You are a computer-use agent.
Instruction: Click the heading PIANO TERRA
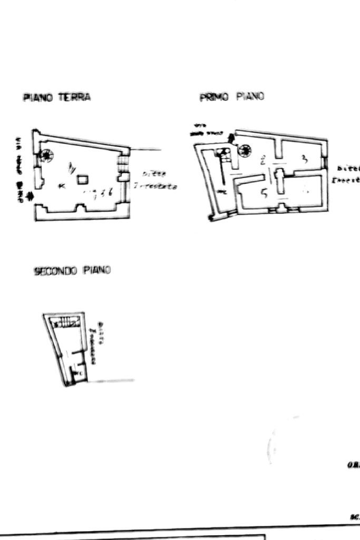(x=56, y=97)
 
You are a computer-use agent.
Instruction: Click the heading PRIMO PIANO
(x=231, y=97)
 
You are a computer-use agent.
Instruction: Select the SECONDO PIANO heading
(x=72, y=271)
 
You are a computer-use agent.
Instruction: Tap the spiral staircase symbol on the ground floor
(x=46, y=155)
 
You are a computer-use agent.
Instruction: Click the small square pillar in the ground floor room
(x=83, y=180)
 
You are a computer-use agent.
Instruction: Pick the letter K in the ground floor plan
(x=62, y=185)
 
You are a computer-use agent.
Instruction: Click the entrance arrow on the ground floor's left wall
(x=30, y=197)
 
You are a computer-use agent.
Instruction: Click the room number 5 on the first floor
(x=265, y=193)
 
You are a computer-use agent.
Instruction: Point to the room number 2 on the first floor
(x=262, y=158)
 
